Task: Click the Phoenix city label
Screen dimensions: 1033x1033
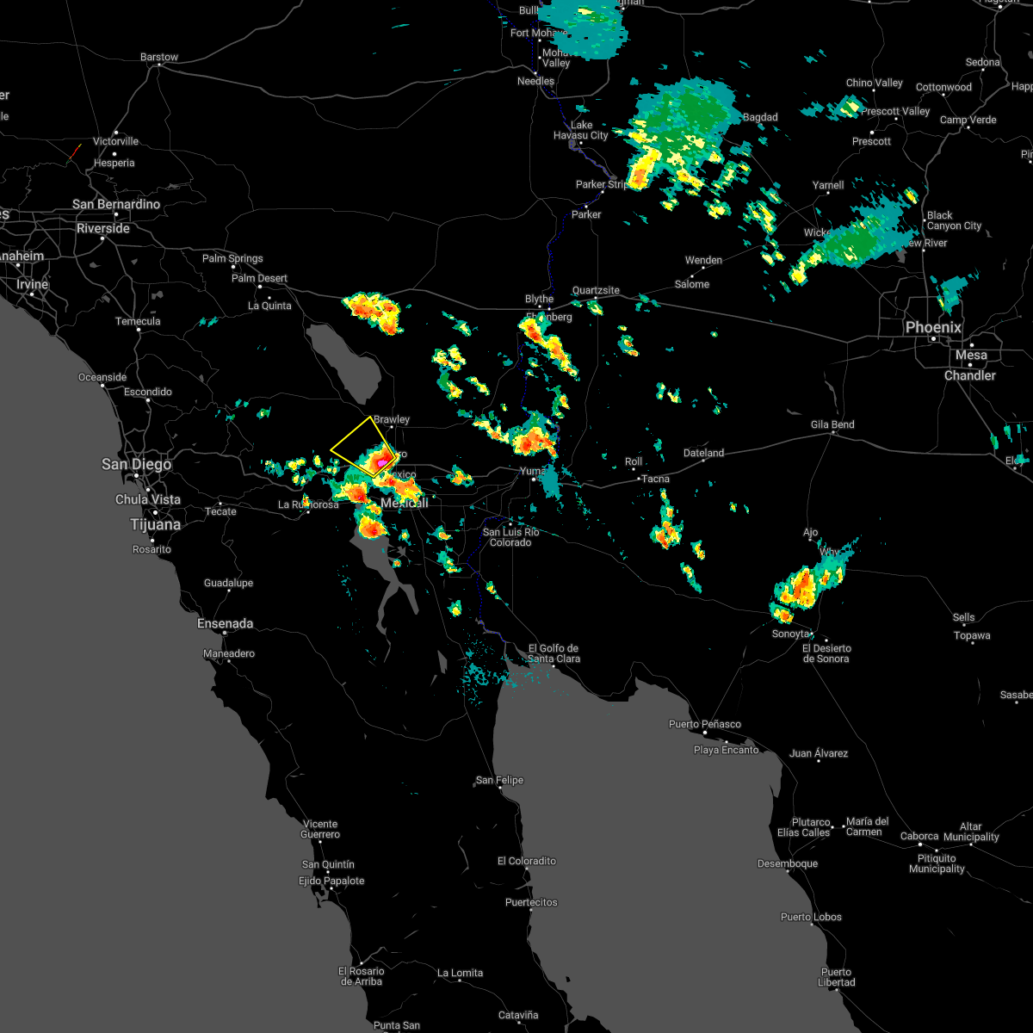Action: click(x=933, y=328)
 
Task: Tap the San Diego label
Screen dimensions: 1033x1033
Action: click(x=136, y=465)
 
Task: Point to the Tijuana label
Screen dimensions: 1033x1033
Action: click(x=156, y=524)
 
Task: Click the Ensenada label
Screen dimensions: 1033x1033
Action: click(x=226, y=623)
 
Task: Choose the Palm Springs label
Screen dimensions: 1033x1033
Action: click(x=232, y=258)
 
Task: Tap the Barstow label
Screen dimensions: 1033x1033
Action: click(x=159, y=58)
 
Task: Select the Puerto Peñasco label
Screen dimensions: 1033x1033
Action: click(x=705, y=724)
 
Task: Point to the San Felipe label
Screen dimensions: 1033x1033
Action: click(x=499, y=781)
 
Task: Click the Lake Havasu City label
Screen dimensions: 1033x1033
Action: click(x=581, y=130)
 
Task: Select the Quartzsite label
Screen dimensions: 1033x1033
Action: click(x=596, y=290)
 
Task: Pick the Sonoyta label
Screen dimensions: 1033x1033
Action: click(x=791, y=634)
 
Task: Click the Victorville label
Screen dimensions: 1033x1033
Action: click(x=115, y=141)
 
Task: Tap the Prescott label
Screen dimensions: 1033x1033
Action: click(x=872, y=141)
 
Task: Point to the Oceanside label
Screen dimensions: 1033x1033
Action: click(x=102, y=377)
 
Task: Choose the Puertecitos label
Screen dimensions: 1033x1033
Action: click(x=531, y=902)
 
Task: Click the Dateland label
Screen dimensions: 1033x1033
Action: click(x=704, y=453)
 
